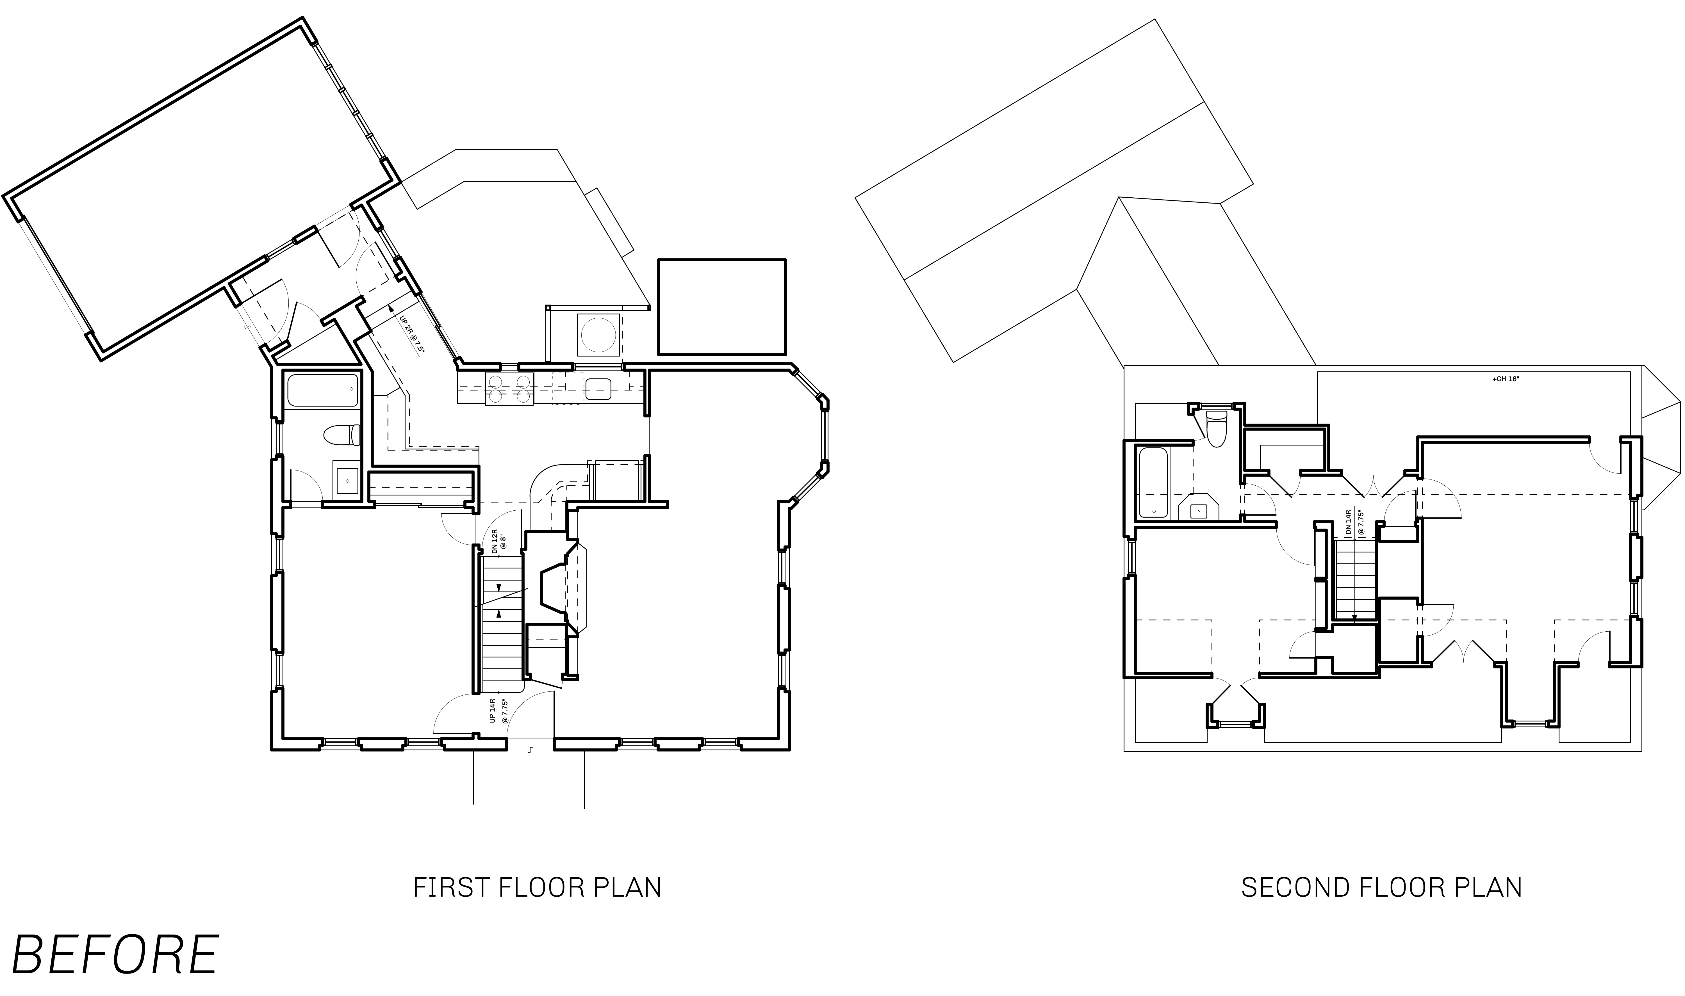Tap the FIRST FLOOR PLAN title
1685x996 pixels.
point(537,887)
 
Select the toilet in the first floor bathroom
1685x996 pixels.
point(342,435)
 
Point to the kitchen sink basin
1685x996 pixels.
point(597,389)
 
